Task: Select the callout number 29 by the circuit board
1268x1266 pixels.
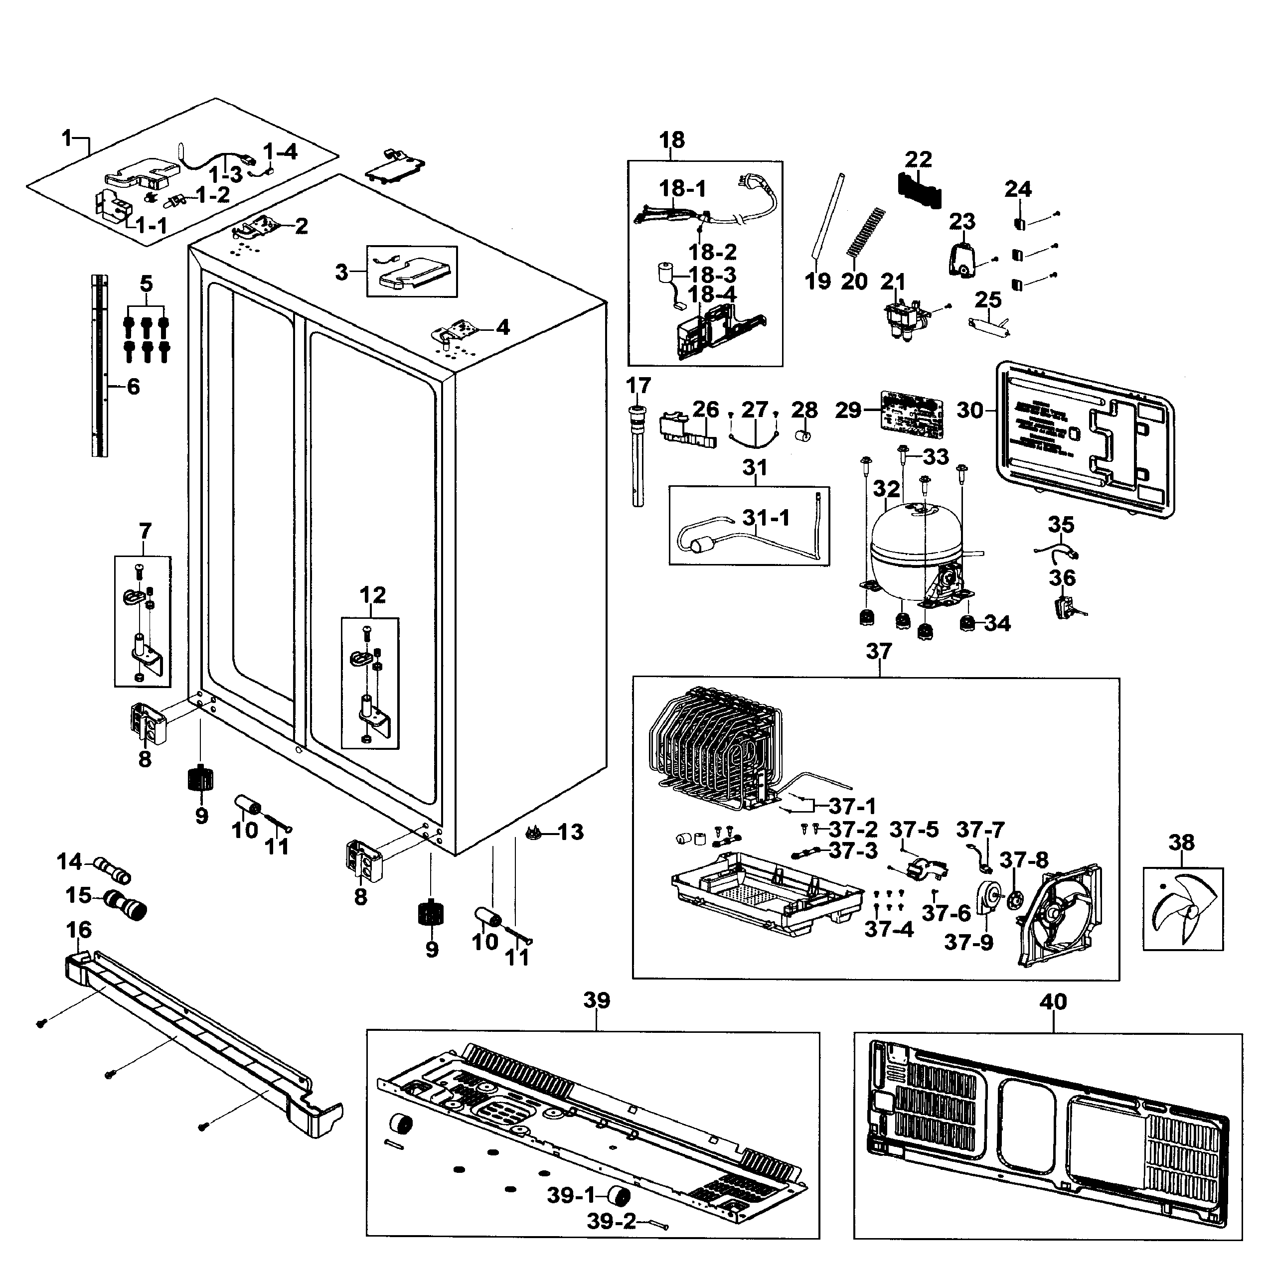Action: (847, 411)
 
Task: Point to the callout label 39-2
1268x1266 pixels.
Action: (611, 1221)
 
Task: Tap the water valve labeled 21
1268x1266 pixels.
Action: (905, 320)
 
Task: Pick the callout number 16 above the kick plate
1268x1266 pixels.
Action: (79, 930)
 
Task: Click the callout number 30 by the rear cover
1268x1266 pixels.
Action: (970, 411)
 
